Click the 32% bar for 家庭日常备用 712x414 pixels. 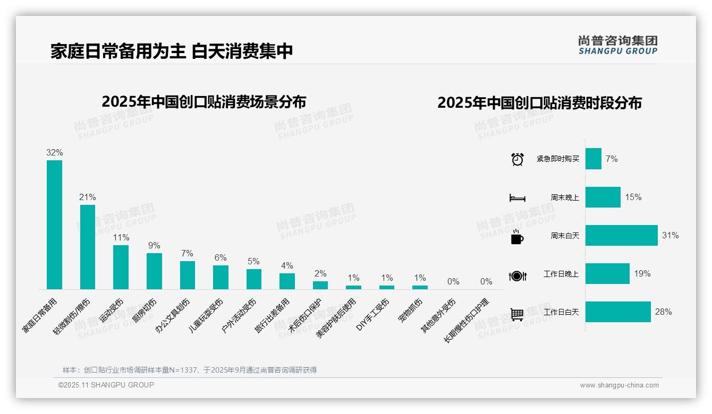point(54,225)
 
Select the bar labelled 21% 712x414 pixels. point(88,247)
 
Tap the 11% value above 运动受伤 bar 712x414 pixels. point(121,237)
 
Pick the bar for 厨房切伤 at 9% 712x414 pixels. point(154,271)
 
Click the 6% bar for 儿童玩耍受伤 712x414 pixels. point(221,277)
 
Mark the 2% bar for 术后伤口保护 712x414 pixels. point(320,285)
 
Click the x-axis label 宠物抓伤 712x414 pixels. point(411,311)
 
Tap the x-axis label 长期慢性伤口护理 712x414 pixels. point(467,322)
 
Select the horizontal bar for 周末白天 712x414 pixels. point(622,235)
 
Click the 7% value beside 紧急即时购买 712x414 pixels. point(612,159)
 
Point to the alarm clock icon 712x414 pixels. point(517,159)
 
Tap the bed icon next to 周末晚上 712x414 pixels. point(517,197)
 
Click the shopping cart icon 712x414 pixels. point(517,314)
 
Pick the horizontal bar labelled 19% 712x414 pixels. point(607,273)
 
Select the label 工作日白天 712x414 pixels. point(561,312)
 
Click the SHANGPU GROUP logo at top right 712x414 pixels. point(618,45)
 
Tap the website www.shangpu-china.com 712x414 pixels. point(619,385)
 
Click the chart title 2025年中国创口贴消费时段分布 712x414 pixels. point(539,103)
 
